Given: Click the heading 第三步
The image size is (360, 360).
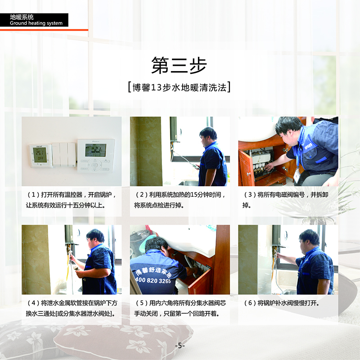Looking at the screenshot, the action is (x=179, y=65).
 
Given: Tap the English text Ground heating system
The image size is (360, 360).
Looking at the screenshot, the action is (x=36, y=23).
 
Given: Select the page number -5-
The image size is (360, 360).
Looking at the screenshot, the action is (x=180, y=345).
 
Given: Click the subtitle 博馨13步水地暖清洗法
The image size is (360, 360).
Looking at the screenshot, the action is (x=180, y=87).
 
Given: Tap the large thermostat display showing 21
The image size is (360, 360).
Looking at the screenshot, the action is (x=96, y=150).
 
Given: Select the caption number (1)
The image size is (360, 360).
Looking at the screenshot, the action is (x=33, y=195).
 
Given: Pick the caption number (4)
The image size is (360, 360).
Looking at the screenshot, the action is (x=33, y=303).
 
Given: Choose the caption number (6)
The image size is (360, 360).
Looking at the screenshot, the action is (x=250, y=303).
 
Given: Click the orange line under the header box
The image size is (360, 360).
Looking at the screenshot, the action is (x=44, y=30).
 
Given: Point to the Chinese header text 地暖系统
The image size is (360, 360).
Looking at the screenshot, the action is (x=22, y=17).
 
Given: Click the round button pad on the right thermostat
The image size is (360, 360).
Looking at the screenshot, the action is (x=94, y=165).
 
